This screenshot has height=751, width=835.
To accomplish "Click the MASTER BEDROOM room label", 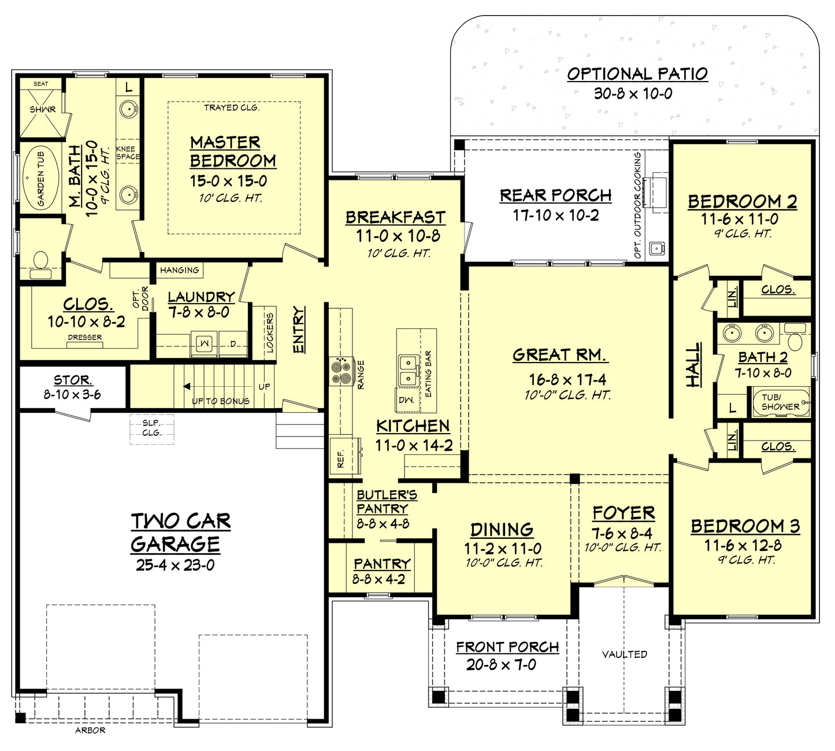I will pos(233,151).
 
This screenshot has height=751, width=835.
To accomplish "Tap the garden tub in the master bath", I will pos(40,179).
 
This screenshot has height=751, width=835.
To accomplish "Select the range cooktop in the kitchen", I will pos(341,371).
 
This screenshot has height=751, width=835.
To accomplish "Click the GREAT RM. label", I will pos(559,355).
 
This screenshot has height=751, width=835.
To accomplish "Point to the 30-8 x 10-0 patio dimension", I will pos(633,94).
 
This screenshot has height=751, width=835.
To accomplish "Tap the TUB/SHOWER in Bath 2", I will pos(780,402).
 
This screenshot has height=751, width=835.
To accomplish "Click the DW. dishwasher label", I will pos(406,399).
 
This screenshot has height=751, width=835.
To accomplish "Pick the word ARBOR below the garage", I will pos(90,730).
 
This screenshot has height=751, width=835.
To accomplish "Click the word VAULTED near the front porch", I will pos(624,654).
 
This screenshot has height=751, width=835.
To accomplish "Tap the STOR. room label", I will pos(72,380).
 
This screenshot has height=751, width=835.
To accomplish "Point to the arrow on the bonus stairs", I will pos(187,386).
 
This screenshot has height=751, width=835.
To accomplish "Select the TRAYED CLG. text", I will pos(231,108).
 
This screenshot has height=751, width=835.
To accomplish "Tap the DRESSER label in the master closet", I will pos(84,337).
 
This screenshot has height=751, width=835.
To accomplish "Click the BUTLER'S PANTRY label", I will pos(386,502).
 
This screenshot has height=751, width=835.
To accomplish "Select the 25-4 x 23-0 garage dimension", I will pos(175,565).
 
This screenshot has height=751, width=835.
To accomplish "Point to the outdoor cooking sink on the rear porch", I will pos(656,248).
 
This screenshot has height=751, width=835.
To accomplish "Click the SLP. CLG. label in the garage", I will pos(151,428).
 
